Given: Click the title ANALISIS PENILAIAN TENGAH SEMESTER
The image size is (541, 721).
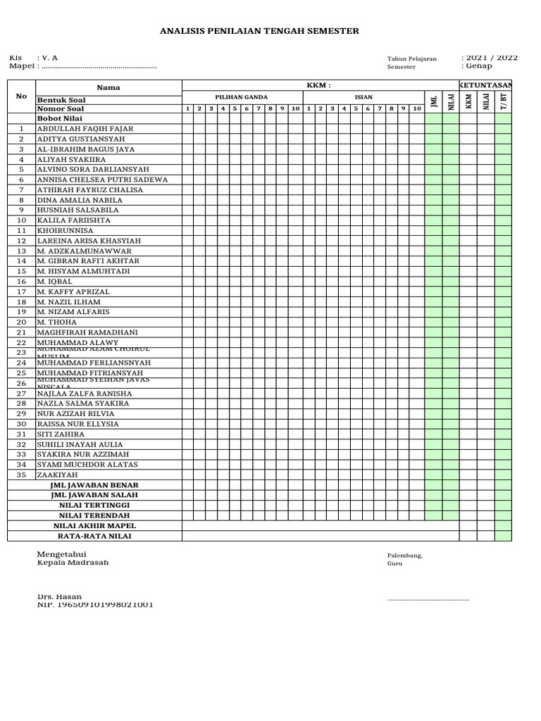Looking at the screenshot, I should click(260, 31).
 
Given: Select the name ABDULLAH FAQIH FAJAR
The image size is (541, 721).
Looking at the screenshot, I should click(85, 129).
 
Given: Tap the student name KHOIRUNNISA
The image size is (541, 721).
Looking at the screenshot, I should click(65, 230).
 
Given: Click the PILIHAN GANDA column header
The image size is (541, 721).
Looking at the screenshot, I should click(241, 97).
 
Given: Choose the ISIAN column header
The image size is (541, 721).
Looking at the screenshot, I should click(363, 97).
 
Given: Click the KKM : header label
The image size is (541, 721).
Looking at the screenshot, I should click(318, 85).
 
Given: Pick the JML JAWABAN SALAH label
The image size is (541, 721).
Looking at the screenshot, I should click(94, 495).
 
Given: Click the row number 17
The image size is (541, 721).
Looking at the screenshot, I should click(22, 291).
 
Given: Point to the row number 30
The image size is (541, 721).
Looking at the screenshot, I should click(22, 425).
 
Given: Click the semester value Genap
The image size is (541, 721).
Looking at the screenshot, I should click(476, 66).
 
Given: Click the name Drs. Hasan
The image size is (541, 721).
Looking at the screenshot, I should click(59, 596).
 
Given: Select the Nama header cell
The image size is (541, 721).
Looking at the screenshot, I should click(108, 87).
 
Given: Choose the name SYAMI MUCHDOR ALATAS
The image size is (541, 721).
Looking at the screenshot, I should click(87, 465).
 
